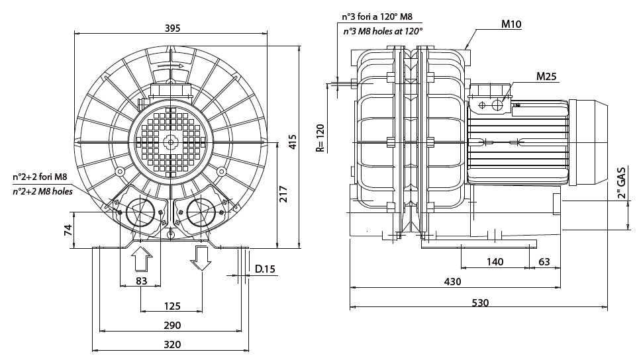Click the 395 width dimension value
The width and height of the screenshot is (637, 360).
pos(172,28)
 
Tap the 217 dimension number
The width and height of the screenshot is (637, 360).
pos(283,194)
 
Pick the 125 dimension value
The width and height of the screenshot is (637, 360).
pos(171,306)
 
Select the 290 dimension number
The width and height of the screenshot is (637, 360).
pos(171,325)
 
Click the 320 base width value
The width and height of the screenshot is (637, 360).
pos(171,344)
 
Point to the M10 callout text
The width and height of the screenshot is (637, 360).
pos(511,24)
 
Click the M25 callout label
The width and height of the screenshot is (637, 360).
pos(546,77)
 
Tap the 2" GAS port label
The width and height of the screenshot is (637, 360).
pos(621,183)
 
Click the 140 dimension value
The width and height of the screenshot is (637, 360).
pos(495,262)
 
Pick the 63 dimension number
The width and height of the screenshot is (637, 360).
pos(544,262)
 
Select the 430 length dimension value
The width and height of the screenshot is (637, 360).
pos(452,282)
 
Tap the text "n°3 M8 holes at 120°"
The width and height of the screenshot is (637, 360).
pos(383,31)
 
